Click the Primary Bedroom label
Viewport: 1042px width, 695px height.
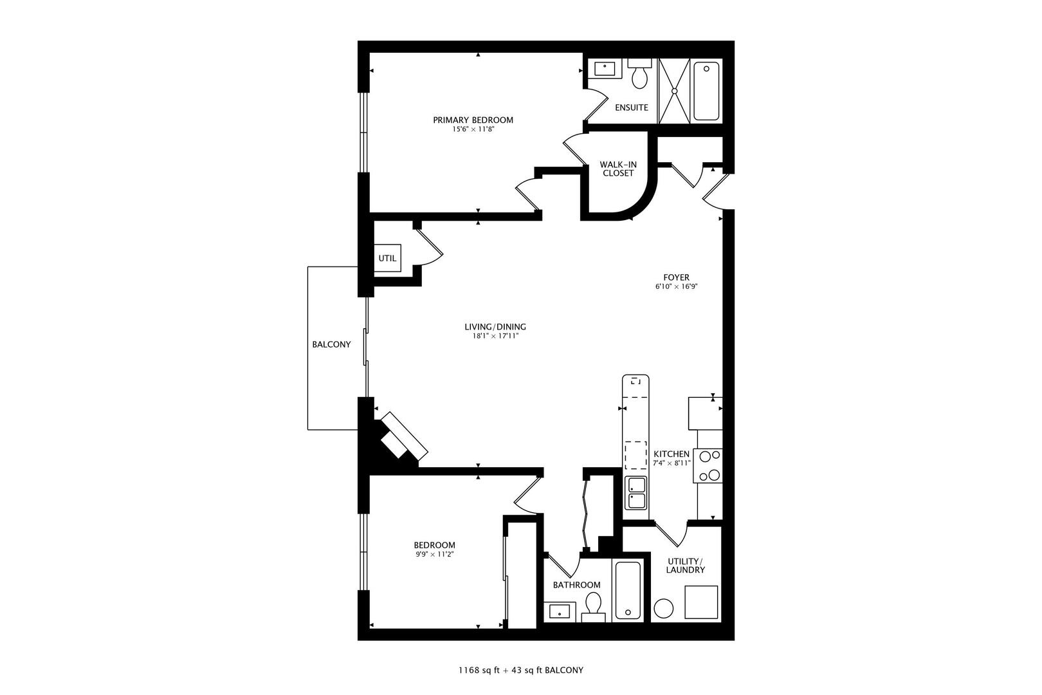473,120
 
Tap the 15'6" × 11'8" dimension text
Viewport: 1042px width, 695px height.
473,129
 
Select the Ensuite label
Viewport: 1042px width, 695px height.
631,107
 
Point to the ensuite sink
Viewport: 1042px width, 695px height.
605,69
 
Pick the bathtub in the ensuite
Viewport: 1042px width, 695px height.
706,91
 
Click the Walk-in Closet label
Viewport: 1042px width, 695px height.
618,169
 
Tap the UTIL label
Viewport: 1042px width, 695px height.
387,258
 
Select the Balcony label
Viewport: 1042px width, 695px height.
331,344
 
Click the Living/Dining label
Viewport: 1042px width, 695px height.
495,327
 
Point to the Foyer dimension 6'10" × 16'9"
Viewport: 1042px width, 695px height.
677,287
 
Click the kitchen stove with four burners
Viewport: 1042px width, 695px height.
708,465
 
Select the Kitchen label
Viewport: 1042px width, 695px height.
672,454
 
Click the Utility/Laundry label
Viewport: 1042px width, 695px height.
686,566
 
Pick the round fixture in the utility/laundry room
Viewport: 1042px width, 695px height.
664,608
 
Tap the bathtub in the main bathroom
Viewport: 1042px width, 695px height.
628,590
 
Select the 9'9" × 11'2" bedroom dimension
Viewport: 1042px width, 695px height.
434,555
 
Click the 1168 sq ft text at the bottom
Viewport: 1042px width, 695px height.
479,671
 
